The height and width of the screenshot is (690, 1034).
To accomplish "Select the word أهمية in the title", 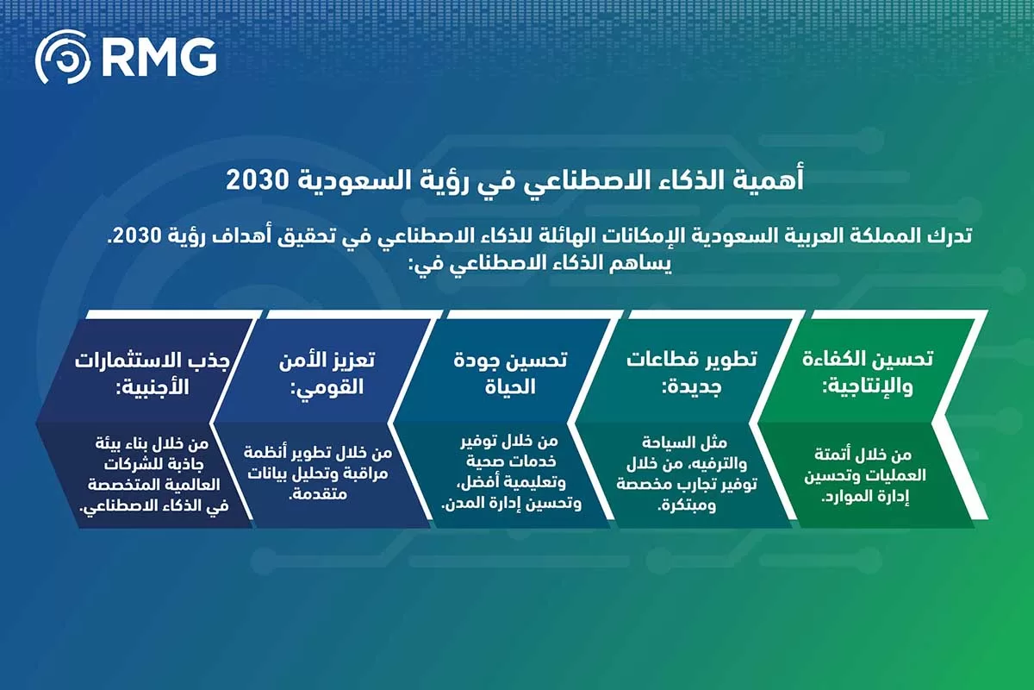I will [775, 180].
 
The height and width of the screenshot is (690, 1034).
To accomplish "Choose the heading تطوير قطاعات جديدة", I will [692, 373].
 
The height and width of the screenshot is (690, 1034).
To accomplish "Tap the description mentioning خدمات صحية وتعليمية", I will [508, 474].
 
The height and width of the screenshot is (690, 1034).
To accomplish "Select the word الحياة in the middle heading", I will [509, 387].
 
